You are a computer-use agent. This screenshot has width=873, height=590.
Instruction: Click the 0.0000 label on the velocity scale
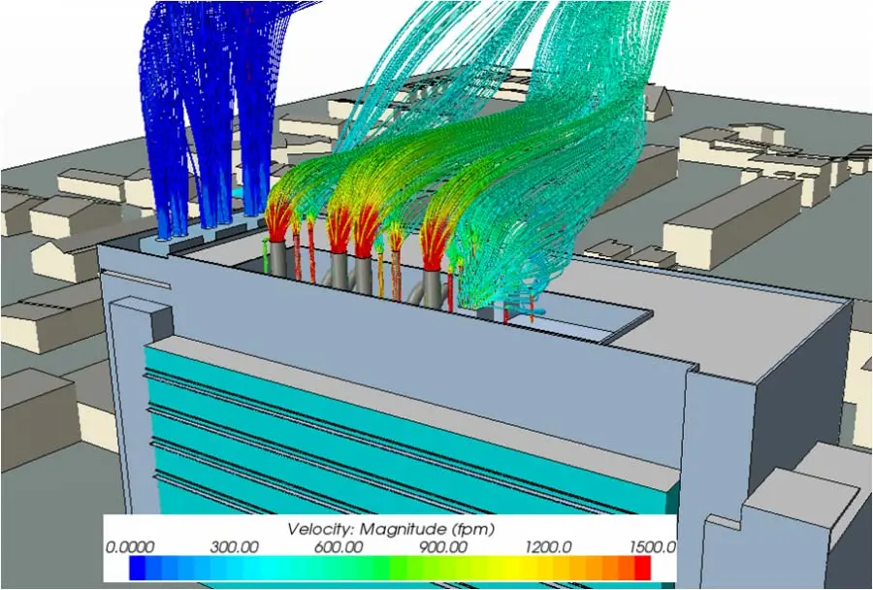coord(130,547)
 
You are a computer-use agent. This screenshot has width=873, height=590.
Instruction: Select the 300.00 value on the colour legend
coord(234,547)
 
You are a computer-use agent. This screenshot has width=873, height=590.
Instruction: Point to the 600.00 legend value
coord(339,547)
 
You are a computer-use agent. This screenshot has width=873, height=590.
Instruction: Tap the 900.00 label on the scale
coord(443,547)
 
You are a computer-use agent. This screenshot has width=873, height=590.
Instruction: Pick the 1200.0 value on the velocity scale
coord(548,547)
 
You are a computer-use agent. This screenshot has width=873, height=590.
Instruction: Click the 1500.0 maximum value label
coord(653,547)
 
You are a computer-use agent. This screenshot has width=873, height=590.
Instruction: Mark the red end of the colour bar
coord(643,568)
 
